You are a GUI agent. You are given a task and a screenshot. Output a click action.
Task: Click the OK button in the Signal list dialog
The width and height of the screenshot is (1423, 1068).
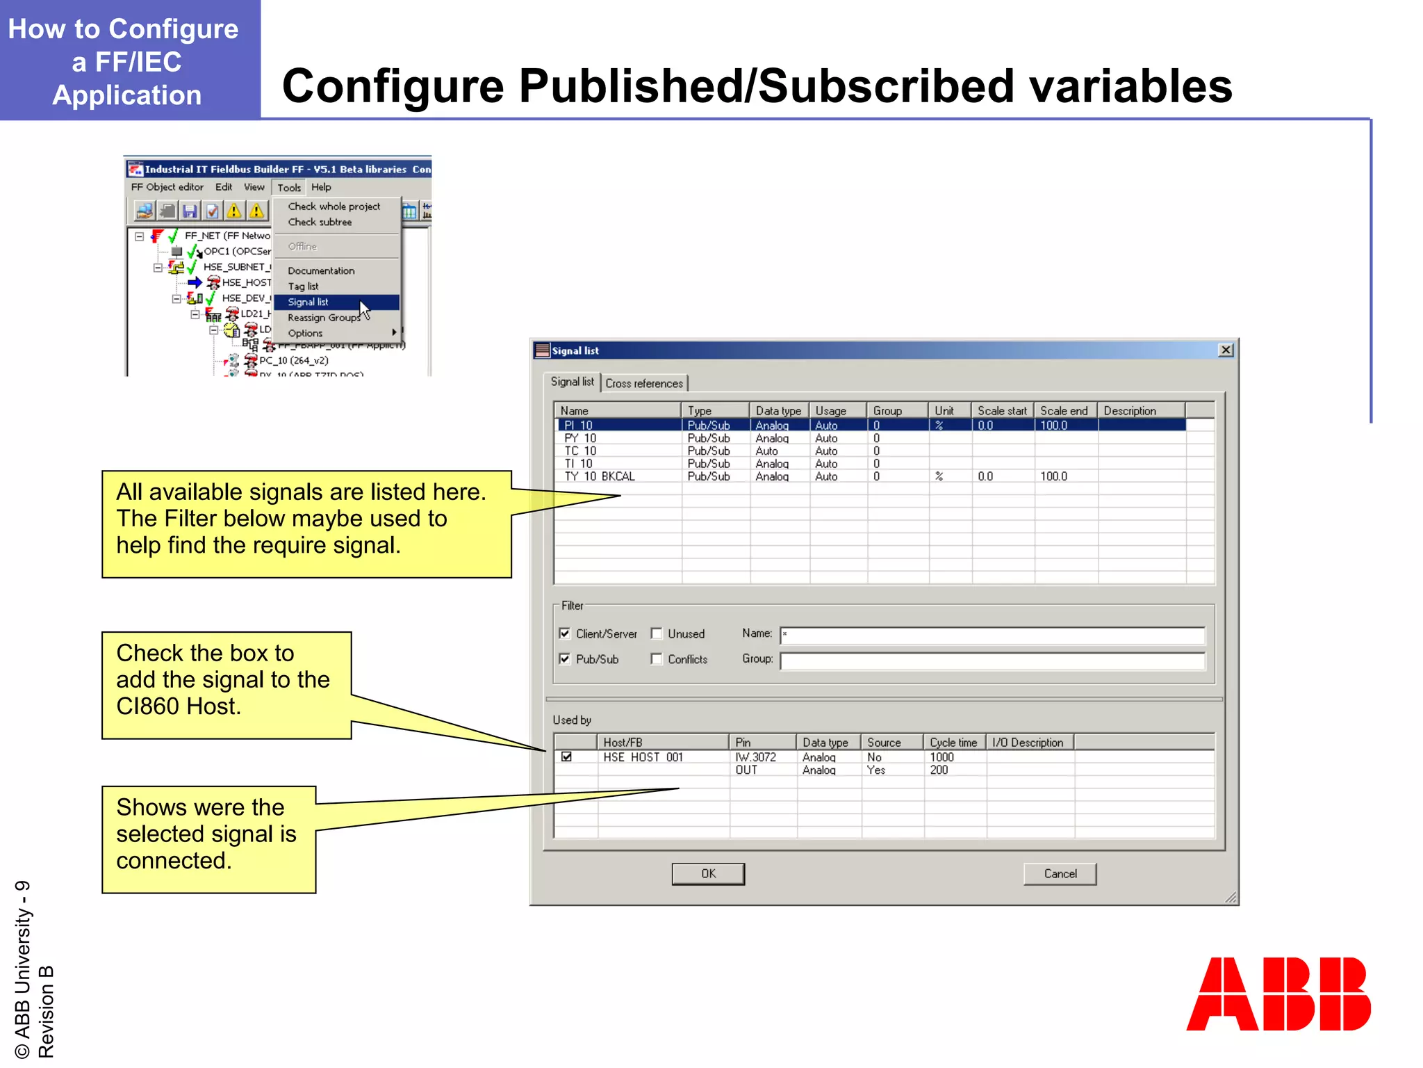[707, 874]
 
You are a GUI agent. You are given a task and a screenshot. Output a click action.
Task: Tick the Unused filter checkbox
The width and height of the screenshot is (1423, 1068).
[657, 633]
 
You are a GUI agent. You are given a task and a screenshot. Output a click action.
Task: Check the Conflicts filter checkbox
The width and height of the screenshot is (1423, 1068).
[657, 659]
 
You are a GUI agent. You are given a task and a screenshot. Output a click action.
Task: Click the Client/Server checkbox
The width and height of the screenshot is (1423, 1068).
[565, 633]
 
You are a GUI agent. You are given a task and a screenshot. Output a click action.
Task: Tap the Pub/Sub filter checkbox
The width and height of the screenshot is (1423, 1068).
[565, 659]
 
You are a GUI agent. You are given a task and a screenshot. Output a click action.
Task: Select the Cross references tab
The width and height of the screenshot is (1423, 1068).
[644, 384]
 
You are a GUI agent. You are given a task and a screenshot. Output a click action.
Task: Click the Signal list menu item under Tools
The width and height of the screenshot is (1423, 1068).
[309, 302]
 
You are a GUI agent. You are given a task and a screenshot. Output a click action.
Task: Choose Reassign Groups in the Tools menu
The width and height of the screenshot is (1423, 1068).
[324, 318]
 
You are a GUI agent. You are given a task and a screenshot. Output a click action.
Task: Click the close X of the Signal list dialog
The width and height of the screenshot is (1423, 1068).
[1226, 350]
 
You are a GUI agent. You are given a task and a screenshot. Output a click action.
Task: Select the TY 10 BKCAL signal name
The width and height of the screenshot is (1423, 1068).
[600, 477]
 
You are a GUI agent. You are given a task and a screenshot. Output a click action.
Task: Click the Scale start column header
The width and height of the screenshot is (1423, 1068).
[1002, 411]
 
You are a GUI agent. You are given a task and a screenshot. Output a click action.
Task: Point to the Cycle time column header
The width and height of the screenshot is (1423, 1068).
[953, 743]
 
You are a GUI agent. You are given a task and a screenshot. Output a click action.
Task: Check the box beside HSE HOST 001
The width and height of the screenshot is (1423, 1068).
[567, 757]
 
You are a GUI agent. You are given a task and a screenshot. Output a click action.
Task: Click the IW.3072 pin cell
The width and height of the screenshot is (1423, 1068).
[756, 757]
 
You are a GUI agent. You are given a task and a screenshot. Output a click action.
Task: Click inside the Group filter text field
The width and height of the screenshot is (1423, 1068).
[992, 660]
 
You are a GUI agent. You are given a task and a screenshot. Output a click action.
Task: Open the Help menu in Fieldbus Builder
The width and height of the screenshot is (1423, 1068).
[321, 188]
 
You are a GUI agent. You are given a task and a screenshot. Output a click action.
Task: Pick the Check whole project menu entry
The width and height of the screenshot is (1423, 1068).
[334, 207]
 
